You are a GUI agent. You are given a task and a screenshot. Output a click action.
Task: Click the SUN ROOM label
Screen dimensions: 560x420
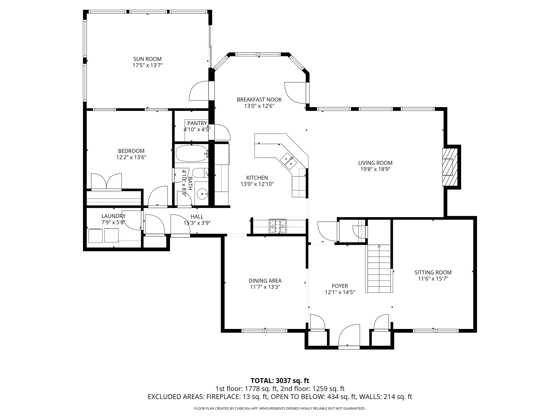pyautogui.click(x=147, y=59)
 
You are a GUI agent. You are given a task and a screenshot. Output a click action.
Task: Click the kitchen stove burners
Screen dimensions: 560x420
pyautogui.click(x=278, y=226)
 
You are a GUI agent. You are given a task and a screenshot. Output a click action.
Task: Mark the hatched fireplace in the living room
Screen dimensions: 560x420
pyautogui.click(x=450, y=167)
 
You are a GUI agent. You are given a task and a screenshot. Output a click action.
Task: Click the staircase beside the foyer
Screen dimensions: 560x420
pyautogui.click(x=379, y=269)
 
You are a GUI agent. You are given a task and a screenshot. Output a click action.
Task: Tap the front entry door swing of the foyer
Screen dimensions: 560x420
pyautogui.click(x=349, y=336)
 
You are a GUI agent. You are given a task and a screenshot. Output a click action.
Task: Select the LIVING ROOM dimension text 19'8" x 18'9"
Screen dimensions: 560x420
pyautogui.click(x=375, y=169)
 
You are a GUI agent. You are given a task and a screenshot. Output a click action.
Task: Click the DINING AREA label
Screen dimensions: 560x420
pyautogui.click(x=265, y=281)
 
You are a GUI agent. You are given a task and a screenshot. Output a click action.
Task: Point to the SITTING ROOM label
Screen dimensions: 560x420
pyautogui.click(x=433, y=272)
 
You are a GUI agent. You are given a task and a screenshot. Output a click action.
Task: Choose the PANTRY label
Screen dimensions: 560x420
pyautogui.click(x=197, y=123)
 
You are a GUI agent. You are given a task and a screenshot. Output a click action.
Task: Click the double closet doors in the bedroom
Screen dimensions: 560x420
pyautogui.click(x=106, y=182)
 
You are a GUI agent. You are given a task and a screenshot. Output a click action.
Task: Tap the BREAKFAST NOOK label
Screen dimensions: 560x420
pyautogui.click(x=259, y=100)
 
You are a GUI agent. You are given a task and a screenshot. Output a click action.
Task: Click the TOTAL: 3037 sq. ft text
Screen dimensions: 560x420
pyautogui.click(x=280, y=380)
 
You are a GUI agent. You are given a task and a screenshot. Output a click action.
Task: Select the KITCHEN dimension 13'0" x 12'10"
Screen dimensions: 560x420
pyautogui.click(x=257, y=184)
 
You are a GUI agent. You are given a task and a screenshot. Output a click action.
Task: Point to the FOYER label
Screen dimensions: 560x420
pyautogui.click(x=340, y=286)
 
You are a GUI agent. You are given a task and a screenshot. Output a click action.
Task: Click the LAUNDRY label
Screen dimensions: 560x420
pyautogui.click(x=113, y=216)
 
